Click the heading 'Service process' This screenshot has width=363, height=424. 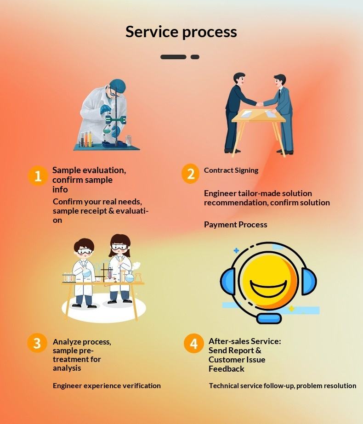point(181,32)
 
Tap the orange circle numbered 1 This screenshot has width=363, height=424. point(38,176)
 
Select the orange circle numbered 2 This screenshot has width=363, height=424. point(191,174)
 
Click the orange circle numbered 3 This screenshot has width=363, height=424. point(37,343)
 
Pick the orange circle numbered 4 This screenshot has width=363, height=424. point(194,344)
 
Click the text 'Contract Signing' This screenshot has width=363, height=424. point(231,170)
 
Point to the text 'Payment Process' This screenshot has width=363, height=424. point(235,225)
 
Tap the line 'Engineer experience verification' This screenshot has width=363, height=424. point(107,386)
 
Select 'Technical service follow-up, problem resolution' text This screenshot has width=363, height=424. point(282,386)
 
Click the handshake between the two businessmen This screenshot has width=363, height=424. point(260,104)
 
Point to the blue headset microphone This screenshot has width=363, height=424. point(269,318)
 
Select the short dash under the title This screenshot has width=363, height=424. point(195,57)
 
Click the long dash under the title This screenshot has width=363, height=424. point(173,57)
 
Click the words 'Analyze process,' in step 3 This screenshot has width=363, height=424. point(82,342)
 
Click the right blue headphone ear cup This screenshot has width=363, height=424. point(309,281)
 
